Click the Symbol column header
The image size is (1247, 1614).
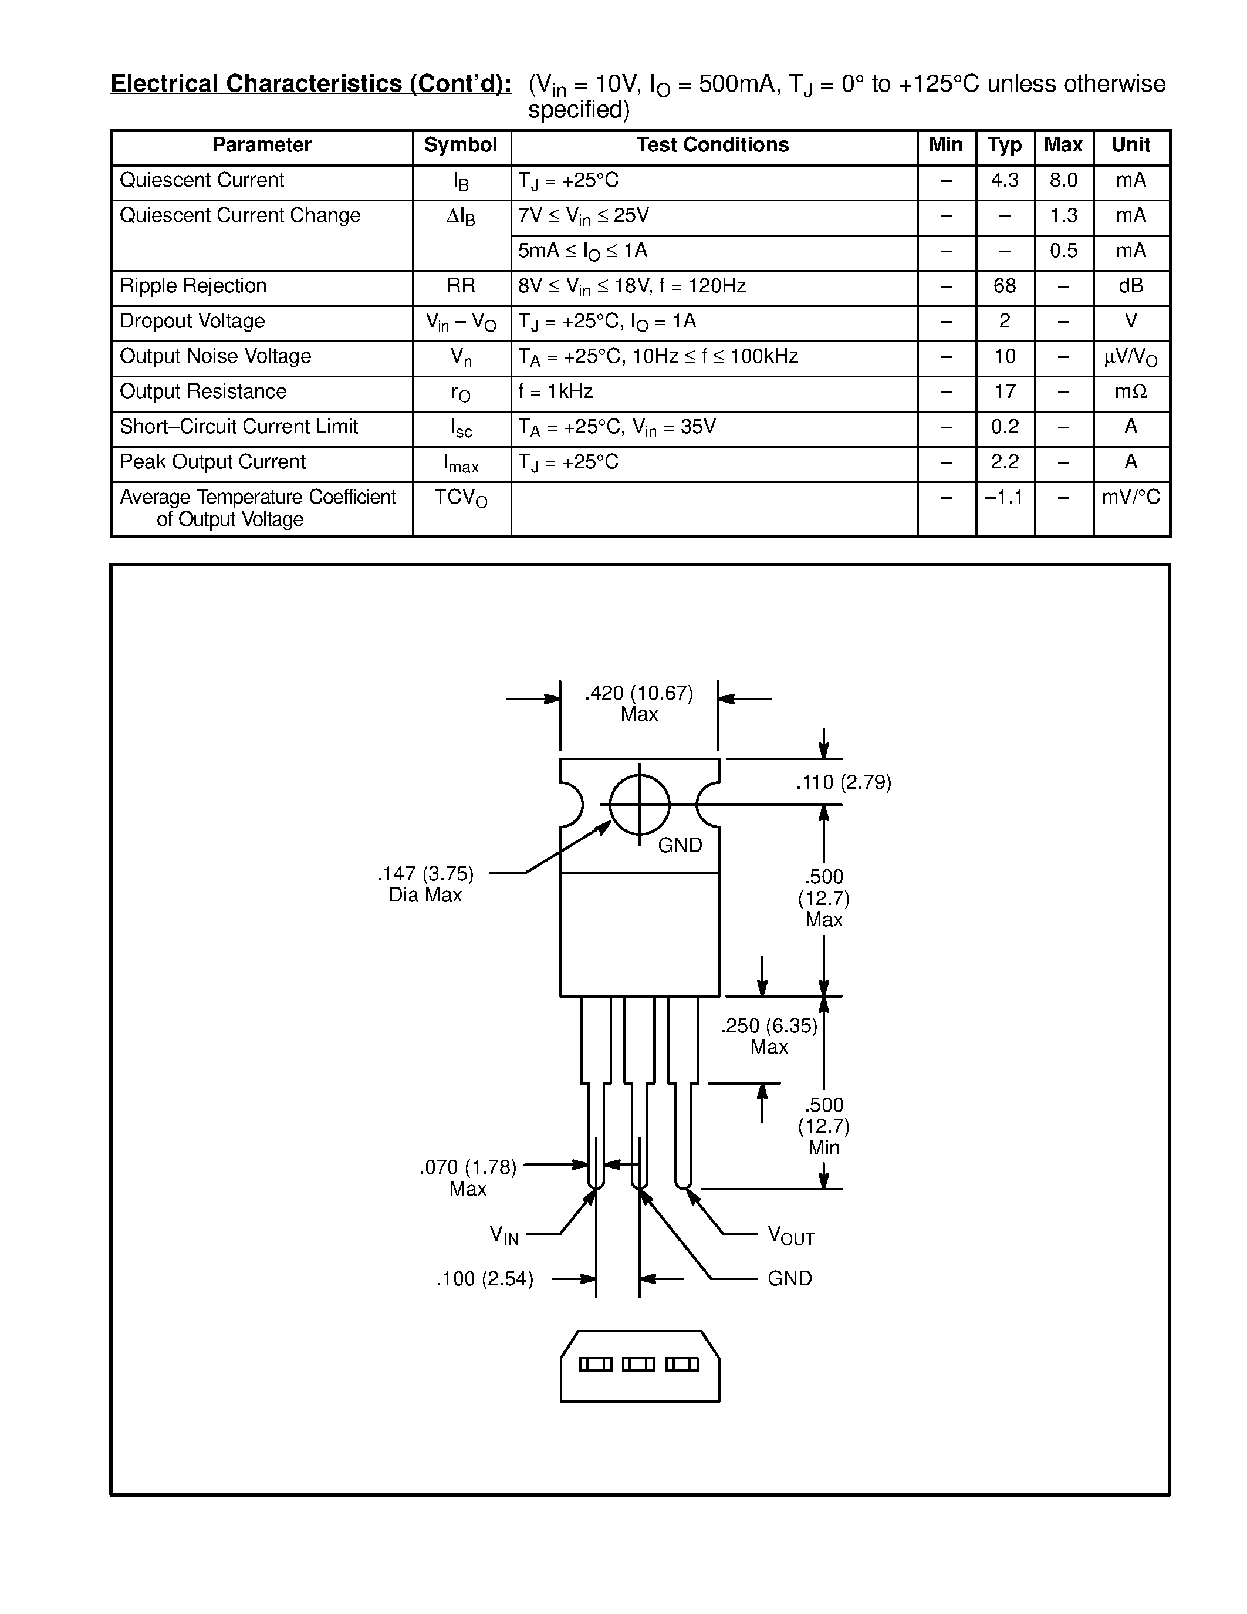460,146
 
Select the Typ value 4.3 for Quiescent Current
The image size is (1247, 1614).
1004,180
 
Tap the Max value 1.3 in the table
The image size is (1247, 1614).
1063,216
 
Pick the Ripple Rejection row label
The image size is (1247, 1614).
193,286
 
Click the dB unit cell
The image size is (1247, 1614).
1130,286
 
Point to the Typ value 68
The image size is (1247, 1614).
1004,286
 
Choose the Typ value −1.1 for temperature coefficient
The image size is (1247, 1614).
1004,497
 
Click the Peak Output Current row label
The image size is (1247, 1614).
213,462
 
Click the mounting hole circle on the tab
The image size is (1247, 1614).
640,804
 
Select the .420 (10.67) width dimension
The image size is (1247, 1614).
639,693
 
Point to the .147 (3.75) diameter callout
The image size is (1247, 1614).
425,874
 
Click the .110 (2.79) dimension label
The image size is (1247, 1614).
843,782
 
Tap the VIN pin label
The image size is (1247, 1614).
505,1235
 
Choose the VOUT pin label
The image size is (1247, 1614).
790,1235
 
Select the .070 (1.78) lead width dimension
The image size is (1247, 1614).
468,1167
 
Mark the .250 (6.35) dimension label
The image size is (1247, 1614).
769,1026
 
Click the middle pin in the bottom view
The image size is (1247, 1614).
639,1364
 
